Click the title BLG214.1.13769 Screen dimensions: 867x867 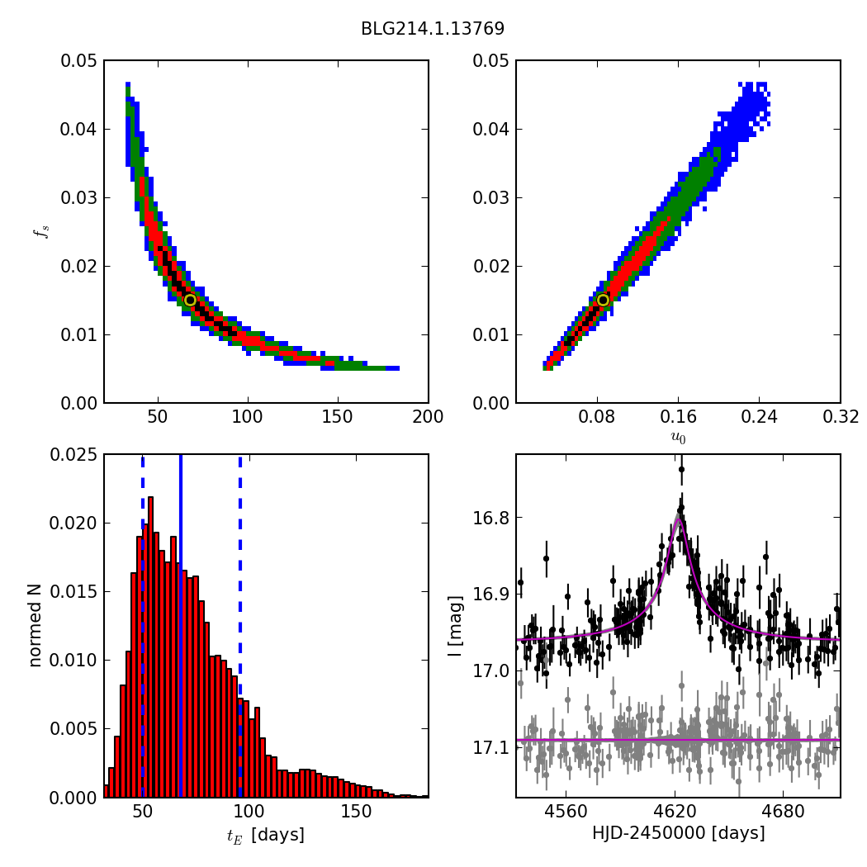[432, 29]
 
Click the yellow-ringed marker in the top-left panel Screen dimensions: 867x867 [190, 300]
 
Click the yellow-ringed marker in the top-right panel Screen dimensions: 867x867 [603, 300]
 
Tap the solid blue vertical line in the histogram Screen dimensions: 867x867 [181, 625]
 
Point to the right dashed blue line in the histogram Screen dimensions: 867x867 [240, 625]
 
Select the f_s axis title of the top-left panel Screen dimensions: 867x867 [40, 232]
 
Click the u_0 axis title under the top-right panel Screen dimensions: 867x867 [678, 438]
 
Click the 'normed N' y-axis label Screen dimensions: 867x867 [36, 625]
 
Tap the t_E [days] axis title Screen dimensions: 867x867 [266, 835]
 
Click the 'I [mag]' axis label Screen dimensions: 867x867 [455, 625]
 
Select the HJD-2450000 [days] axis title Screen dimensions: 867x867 [678, 833]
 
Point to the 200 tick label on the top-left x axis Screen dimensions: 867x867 [428, 417]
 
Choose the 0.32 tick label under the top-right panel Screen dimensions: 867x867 [840, 417]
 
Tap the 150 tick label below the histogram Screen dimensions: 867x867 [356, 812]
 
